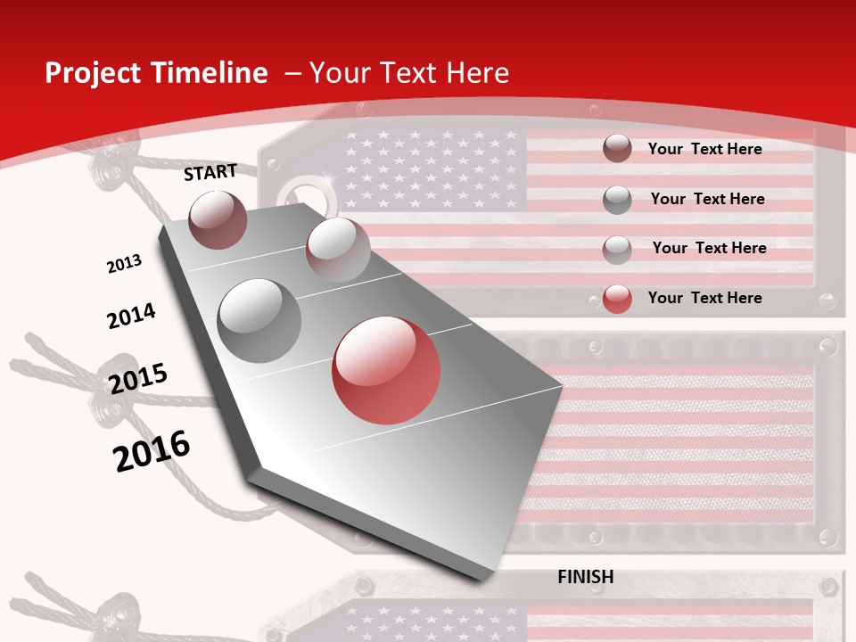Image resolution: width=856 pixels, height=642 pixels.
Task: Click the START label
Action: click(210, 172)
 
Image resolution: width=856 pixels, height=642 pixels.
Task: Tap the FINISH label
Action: click(585, 577)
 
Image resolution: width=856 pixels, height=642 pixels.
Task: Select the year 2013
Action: click(125, 263)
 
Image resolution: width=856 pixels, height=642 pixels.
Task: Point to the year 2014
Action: click(131, 316)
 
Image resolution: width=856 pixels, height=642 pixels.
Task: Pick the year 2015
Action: click(138, 378)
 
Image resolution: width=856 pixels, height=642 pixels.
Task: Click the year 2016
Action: click(152, 450)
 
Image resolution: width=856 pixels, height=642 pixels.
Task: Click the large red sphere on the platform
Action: click(386, 370)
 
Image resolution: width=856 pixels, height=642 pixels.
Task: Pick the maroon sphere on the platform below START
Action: click(218, 219)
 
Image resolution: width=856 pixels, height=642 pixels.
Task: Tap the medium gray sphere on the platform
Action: click(259, 320)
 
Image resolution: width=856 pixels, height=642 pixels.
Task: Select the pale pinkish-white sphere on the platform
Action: click(337, 249)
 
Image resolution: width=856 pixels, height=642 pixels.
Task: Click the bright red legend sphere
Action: click(617, 299)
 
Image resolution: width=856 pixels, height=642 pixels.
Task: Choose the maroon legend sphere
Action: click(617, 149)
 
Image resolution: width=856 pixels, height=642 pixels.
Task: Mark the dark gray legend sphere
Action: click(617, 200)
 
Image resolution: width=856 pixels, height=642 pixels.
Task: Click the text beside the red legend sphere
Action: click(704, 298)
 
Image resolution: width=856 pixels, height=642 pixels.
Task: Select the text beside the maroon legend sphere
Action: click(704, 149)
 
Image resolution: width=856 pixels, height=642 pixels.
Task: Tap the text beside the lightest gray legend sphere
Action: click(709, 248)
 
